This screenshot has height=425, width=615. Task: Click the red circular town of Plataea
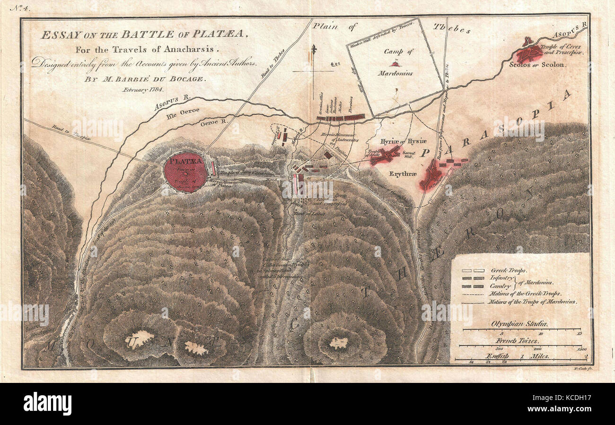[185, 172]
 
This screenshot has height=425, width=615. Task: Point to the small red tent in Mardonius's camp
[394, 63]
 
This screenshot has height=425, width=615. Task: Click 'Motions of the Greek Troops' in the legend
[526, 294]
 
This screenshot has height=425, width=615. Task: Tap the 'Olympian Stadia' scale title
[519, 324]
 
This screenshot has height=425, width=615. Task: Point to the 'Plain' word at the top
[325, 26]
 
